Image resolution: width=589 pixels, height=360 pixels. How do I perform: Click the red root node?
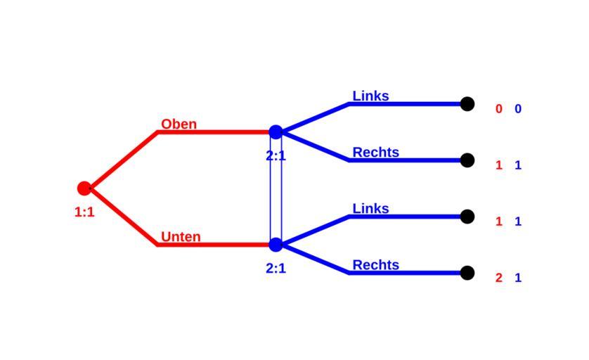pos(84,188)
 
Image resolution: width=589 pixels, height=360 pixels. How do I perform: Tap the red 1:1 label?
pos(84,212)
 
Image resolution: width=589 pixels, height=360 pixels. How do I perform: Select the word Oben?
pos(179,124)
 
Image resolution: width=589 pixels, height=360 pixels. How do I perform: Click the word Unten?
pos(181,237)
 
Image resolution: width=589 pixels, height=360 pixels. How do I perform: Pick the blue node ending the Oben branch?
pos(276,132)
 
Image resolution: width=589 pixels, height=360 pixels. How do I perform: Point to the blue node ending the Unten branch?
pos(276,245)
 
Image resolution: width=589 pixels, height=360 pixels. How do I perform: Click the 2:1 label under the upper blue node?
pos(276,156)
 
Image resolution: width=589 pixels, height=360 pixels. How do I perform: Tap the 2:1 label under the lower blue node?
pos(276,268)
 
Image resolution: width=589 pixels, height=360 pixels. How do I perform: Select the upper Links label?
pos(370,96)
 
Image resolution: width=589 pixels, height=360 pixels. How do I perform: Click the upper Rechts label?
pos(375,153)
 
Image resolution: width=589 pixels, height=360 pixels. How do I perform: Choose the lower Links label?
pos(370,209)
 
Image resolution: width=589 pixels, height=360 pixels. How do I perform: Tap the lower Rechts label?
pos(375,265)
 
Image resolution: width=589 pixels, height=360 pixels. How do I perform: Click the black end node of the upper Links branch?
pos(467,104)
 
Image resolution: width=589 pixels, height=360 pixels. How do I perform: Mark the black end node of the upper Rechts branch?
pos(467,160)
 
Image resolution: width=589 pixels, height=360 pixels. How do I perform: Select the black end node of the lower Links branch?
pos(467,217)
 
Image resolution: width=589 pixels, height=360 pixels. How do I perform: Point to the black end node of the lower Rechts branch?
pos(467,273)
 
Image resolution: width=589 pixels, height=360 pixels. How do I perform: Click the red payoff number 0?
pos(499,109)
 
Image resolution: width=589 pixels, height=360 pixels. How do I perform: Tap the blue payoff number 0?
pos(518,109)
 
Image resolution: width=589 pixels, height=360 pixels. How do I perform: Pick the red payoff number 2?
pos(499,278)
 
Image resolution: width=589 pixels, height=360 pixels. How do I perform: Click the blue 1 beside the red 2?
pos(518,278)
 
